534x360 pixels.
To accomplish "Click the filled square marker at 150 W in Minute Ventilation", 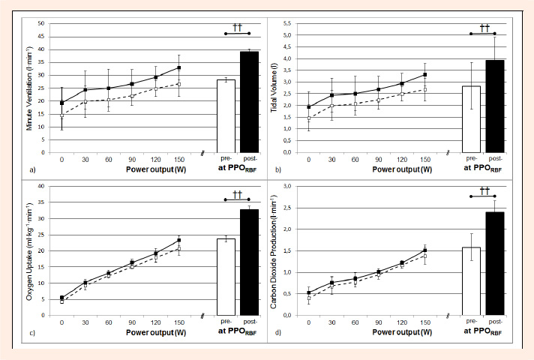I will pos(178,67).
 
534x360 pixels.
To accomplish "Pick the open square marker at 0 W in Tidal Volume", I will pos(308,118).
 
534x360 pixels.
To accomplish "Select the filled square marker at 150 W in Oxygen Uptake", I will pos(178,240).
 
